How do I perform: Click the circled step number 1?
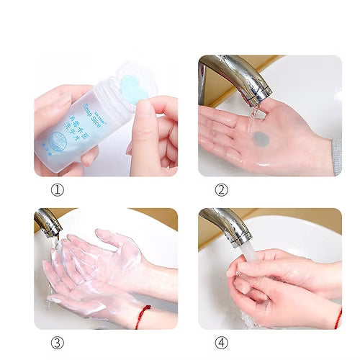point(58,190)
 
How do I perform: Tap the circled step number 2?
point(222,190)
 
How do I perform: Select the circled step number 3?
point(58,343)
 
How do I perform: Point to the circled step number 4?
point(222,343)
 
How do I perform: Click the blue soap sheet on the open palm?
point(260,138)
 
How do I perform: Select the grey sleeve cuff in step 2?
point(336,156)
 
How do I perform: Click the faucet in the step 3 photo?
point(46,222)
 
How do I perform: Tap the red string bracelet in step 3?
point(142,315)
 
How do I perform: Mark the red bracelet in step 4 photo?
point(338,317)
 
